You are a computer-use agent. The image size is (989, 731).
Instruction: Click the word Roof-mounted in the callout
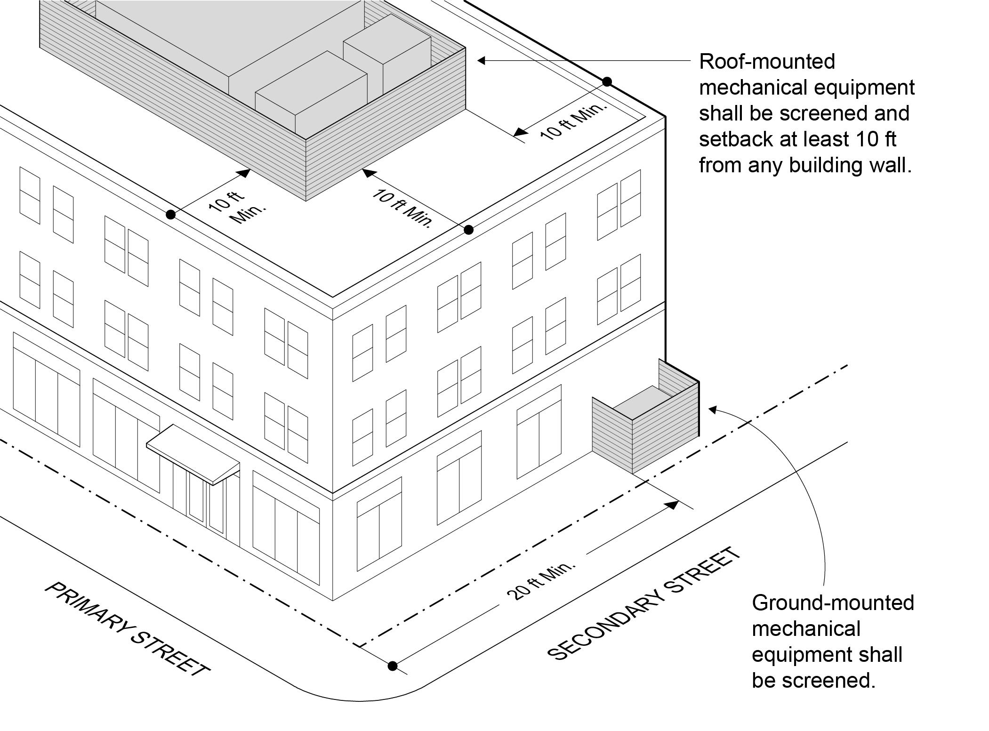(x=767, y=62)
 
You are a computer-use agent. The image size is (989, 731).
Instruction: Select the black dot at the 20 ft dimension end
(x=392, y=666)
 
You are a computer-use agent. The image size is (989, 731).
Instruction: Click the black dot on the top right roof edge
(x=607, y=82)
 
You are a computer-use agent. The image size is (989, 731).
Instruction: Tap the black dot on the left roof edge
(x=171, y=215)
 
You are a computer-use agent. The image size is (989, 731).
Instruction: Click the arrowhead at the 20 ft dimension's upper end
(x=672, y=505)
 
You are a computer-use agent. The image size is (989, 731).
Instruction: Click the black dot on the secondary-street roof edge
(x=468, y=230)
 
